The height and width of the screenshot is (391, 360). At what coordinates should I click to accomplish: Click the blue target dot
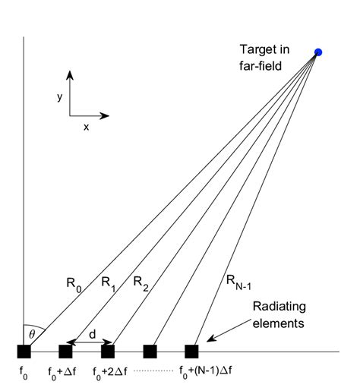pyautogui.click(x=319, y=52)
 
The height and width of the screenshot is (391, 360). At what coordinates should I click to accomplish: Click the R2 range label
pyautogui.click(x=140, y=284)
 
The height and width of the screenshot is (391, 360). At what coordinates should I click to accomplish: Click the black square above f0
pyautogui.click(x=24, y=351)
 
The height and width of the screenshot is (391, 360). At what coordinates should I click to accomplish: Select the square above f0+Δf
pyautogui.click(x=65, y=351)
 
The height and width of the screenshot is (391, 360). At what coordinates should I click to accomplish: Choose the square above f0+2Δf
pyautogui.click(x=108, y=351)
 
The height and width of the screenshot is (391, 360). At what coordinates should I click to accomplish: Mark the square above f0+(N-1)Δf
pyautogui.click(x=191, y=351)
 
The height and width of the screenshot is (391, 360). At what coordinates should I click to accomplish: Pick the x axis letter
pyautogui.click(x=87, y=127)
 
